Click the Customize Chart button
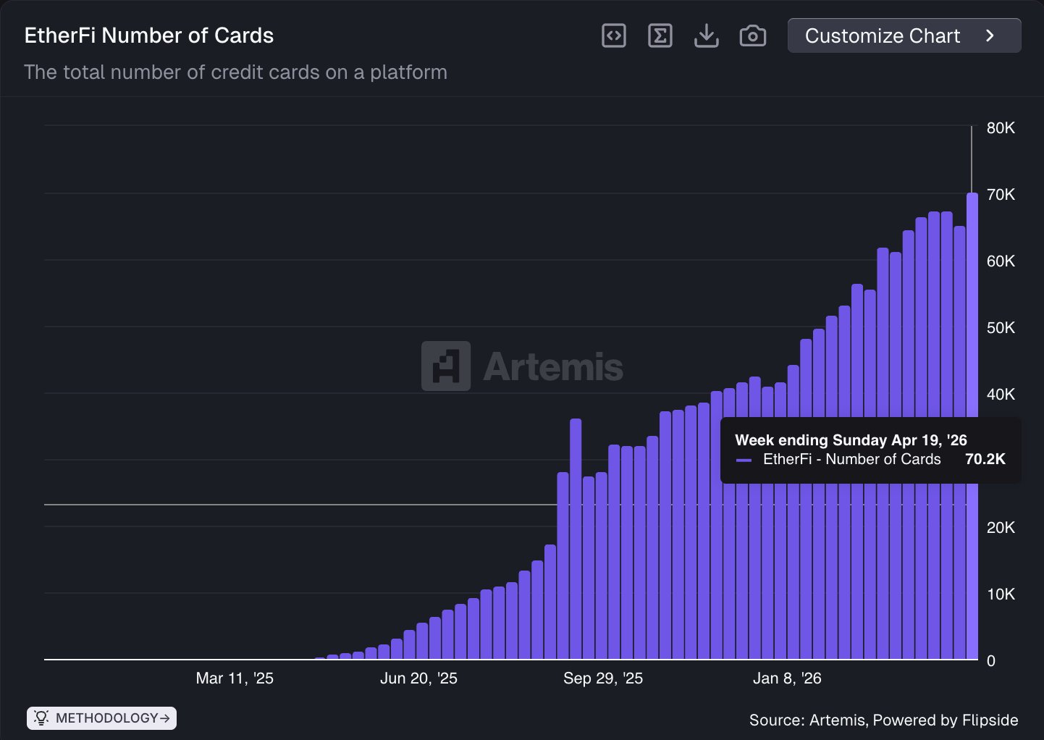click(904, 35)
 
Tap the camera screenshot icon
click(753, 35)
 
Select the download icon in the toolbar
click(706, 35)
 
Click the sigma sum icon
click(660, 35)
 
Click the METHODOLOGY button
click(102, 718)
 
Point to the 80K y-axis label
click(1001, 128)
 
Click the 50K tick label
click(1001, 328)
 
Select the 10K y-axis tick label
click(1001, 594)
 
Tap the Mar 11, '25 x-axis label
click(235, 678)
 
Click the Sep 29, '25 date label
click(603, 678)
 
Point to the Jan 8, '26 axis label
click(787, 678)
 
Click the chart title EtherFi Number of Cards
click(149, 35)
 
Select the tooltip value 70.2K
click(985, 459)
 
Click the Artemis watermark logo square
click(446, 366)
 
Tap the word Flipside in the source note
click(990, 720)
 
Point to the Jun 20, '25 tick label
click(418, 678)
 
